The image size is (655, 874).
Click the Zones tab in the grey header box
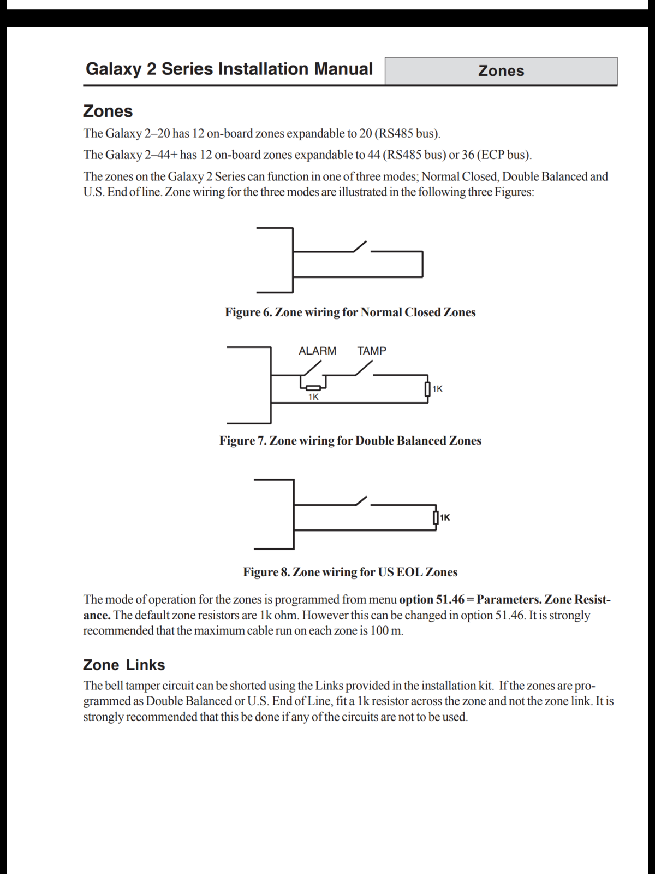point(501,71)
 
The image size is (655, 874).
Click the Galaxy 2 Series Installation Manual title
point(229,69)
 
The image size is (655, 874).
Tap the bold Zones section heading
point(108,111)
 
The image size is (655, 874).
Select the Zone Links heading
point(124,665)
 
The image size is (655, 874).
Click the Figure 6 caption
point(350,312)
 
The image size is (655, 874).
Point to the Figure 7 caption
point(350,441)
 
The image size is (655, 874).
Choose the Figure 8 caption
point(350,572)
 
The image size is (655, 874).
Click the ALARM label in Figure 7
point(317,351)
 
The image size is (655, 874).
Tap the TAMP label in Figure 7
point(372,351)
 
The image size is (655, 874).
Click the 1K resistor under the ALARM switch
point(313,388)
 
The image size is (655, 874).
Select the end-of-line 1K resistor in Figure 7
point(428,389)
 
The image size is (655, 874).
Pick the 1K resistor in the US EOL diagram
point(436,517)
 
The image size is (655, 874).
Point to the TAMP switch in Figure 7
point(364,370)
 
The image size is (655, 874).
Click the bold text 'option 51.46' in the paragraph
point(431,600)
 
